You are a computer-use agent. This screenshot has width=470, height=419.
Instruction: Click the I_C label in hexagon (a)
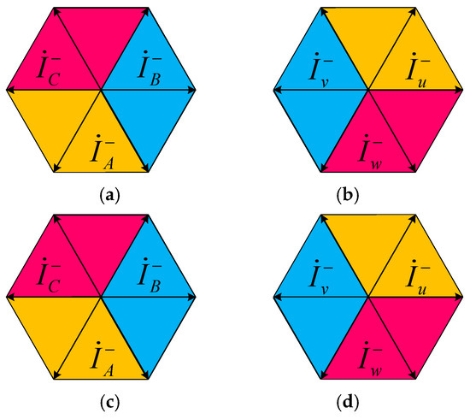click(x=50, y=68)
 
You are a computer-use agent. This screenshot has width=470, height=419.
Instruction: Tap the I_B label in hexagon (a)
click(x=150, y=68)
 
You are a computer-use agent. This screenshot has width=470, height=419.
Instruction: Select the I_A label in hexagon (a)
click(x=103, y=152)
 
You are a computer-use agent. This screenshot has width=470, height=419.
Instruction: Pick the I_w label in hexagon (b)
click(x=370, y=153)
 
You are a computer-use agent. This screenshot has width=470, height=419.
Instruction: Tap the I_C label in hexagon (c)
click(x=50, y=275)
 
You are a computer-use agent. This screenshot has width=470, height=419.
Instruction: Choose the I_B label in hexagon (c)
click(x=150, y=275)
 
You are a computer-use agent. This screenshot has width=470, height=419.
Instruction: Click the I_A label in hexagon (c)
click(x=103, y=359)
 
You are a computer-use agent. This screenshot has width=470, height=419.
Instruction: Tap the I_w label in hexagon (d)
click(x=370, y=359)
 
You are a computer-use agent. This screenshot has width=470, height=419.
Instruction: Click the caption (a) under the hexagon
click(x=109, y=196)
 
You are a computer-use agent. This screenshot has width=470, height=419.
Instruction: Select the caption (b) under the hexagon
click(x=348, y=196)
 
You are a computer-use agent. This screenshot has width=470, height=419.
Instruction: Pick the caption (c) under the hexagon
click(x=109, y=403)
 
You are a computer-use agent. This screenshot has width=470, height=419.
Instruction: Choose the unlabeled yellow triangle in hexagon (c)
click(x=54, y=325)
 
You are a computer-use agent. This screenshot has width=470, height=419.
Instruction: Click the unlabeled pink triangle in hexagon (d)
click(x=415, y=325)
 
